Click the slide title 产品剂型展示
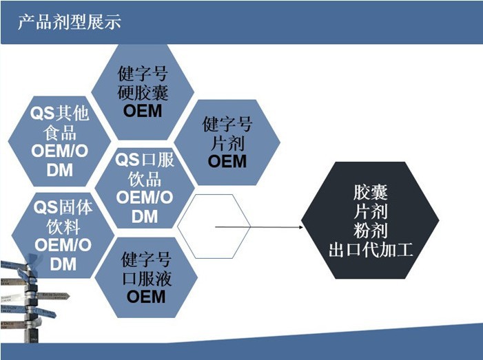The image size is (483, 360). click(70, 22)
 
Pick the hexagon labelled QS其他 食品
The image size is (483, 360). click(61, 141)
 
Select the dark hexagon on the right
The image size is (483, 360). click(371, 220)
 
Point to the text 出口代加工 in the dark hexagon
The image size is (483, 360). click(371, 250)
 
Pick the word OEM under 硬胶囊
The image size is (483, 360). click(143, 110)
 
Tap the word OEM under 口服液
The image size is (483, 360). click(146, 297)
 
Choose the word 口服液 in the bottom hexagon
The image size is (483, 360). click(146, 279)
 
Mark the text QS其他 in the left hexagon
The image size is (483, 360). click(60, 112)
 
